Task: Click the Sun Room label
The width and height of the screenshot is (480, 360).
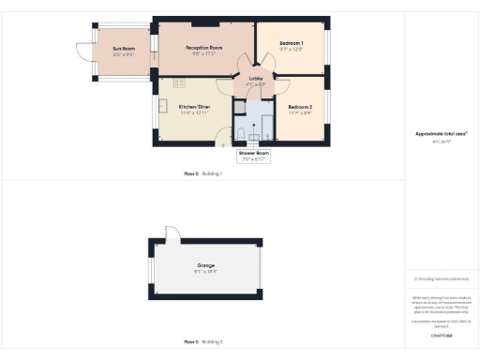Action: click(x=124, y=48)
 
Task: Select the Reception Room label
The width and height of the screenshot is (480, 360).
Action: click(x=203, y=47)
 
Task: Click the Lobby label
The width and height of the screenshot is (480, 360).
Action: click(x=255, y=79)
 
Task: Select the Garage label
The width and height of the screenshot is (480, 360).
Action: click(x=205, y=265)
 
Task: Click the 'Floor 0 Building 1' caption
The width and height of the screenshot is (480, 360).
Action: click(x=202, y=174)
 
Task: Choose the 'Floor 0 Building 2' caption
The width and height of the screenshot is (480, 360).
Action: click(x=202, y=342)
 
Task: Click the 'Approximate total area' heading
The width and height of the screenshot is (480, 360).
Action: click(x=441, y=133)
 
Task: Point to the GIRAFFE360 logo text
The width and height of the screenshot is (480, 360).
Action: click(x=441, y=335)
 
